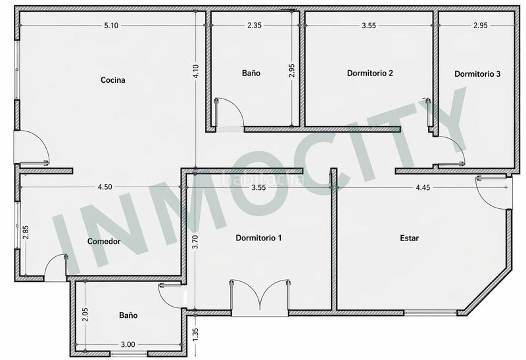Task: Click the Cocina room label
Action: pyautogui.click(x=112, y=80)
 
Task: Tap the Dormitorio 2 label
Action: pyautogui.click(x=370, y=73)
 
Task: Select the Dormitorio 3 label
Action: pyautogui.click(x=477, y=74)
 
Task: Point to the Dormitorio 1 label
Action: pyautogui.click(x=258, y=238)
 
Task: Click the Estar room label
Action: pyautogui.click(x=409, y=238)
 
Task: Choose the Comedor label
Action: pyautogui.click(x=104, y=241)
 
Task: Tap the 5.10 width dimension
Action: pyautogui.click(x=111, y=26)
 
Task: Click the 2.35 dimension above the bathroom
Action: pyautogui.click(x=254, y=26)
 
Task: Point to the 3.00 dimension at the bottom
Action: pyautogui.click(x=128, y=344)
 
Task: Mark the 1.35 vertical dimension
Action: pyautogui.click(x=195, y=333)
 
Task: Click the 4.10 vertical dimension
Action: pyautogui.click(x=195, y=72)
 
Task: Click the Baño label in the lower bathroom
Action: pyautogui.click(x=128, y=315)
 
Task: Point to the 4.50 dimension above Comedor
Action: pyautogui.click(x=104, y=187)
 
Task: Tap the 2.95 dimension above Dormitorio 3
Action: pyautogui.click(x=480, y=26)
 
